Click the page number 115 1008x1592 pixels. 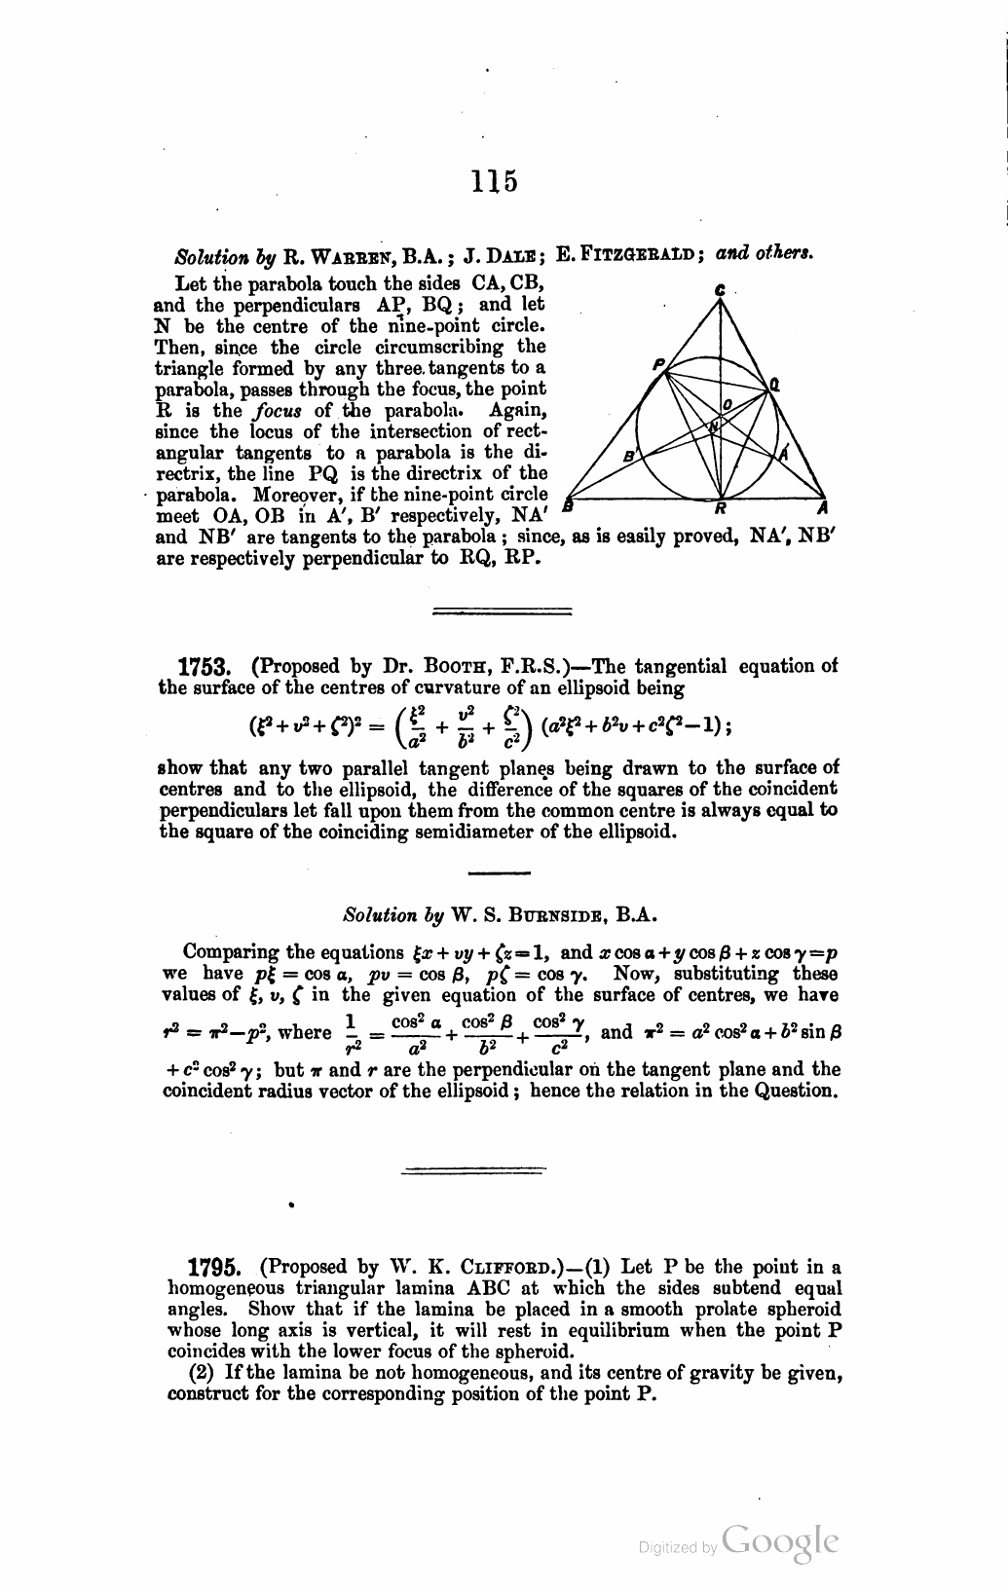pyautogui.click(x=494, y=181)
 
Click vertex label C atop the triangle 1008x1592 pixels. pyautogui.click(x=720, y=290)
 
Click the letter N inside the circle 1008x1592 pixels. pyautogui.click(x=714, y=426)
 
